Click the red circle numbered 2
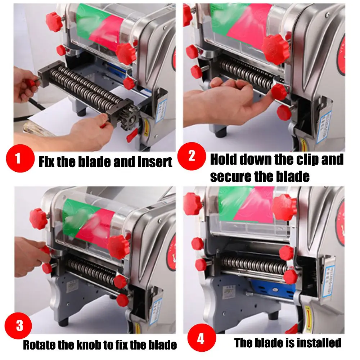[x=192, y=156]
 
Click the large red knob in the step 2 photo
[x=275, y=49]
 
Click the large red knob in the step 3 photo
[x=119, y=246]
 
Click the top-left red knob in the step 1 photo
[x=54, y=22]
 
